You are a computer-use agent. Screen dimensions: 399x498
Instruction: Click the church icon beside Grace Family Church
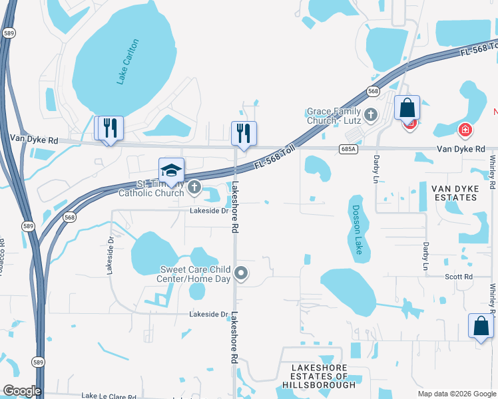(x=372, y=116)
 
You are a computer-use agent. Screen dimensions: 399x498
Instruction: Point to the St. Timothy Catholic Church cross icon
(x=194, y=188)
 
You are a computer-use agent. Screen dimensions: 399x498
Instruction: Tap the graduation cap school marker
(x=171, y=170)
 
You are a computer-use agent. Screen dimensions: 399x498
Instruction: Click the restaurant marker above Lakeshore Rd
(x=244, y=132)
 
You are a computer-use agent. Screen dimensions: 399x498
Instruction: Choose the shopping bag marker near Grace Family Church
(x=407, y=107)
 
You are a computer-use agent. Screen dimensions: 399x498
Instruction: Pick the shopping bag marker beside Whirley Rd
(x=481, y=326)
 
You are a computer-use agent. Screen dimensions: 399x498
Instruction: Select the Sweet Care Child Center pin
(x=242, y=273)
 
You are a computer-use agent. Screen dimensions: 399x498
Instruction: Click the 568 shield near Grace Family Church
(x=373, y=91)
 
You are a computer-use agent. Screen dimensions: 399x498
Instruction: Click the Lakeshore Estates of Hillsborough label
(x=319, y=376)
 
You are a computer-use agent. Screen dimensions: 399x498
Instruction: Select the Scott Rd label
(x=459, y=277)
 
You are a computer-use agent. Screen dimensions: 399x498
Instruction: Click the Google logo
(x=21, y=391)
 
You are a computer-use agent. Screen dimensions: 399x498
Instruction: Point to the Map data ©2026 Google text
(x=457, y=394)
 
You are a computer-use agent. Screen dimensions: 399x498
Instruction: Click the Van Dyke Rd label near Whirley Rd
(x=461, y=149)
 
